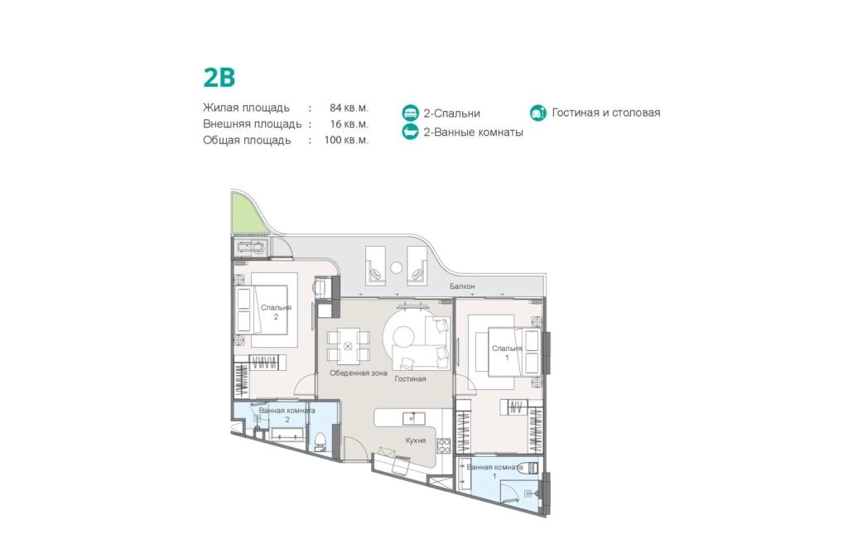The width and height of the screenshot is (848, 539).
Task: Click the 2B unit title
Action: click(x=219, y=77)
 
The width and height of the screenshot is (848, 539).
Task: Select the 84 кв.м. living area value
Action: click(x=349, y=108)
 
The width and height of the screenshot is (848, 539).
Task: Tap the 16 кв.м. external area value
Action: click(x=349, y=124)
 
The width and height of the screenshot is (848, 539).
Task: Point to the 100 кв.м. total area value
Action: click(x=346, y=140)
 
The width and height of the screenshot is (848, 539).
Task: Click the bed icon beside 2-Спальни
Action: click(x=411, y=113)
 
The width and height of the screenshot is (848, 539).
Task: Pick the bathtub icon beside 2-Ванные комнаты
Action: click(x=411, y=132)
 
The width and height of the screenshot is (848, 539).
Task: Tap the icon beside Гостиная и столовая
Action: click(x=538, y=113)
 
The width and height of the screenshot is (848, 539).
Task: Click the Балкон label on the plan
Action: click(x=462, y=286)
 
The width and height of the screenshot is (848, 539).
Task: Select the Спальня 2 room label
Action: click(x=276, y=312)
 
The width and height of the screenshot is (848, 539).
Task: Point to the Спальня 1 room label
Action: click(x=507, y=353)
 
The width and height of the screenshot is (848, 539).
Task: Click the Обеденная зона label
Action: click(x=358, y=373)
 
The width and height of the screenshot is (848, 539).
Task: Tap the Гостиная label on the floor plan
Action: click(x=410, y=379)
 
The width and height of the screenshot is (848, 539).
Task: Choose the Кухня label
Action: click(x=416, y=440)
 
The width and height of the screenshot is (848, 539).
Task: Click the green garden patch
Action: click(x=243, y=214)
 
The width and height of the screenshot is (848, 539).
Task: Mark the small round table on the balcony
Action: click(x=397, y=267)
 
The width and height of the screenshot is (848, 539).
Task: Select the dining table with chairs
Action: click(x=349, y=346)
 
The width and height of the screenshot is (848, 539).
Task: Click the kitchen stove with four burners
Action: click(x=444, y=445)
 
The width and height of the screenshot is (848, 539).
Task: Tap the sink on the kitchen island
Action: click(x=413, y=418)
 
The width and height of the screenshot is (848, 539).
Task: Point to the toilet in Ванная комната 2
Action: click(x=320, y=440)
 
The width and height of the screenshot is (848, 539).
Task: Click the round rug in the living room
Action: click(x=403, y=335)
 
